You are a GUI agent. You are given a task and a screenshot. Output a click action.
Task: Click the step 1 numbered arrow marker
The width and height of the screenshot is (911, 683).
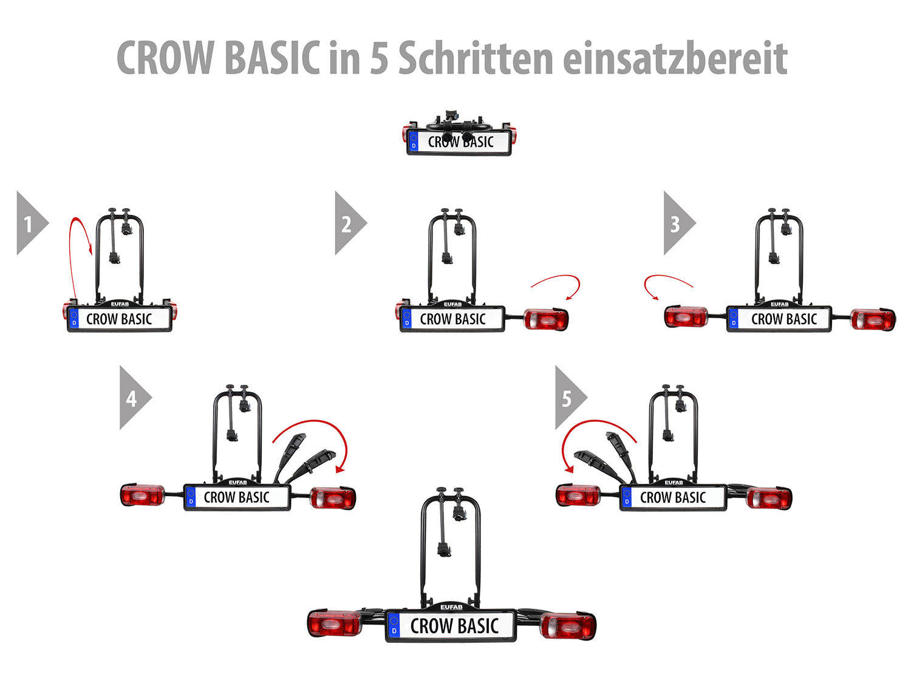pyautogui.click(x=29, y=223)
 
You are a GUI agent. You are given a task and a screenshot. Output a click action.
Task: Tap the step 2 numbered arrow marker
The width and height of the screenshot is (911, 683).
pyautogui.click(x=347, y=223)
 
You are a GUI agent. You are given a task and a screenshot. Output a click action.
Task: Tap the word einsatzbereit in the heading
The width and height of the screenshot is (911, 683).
pyautogui.click(x=675, y=59)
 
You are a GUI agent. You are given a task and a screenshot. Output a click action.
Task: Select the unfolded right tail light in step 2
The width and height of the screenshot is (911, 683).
pyautogui.click(x=545, y=319)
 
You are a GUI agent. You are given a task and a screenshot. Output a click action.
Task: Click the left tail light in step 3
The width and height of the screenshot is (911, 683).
pyautogui.click(x=686, y=317)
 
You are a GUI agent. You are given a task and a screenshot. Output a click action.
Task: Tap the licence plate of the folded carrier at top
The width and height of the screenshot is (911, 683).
pyautogui.click(x=459, y=142)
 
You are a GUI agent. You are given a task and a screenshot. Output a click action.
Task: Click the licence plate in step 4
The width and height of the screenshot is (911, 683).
pyautogui.click(x=237, y=497)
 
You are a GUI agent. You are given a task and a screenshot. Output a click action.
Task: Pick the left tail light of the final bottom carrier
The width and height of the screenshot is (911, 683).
pyautogui.click(x=334, y=624)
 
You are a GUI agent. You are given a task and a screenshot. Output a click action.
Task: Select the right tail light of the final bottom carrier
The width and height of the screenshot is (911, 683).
pyautogui.click(x=567, y=626)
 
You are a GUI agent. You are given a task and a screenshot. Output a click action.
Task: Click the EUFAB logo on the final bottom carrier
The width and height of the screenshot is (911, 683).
pyautogui.click(x=451, y=607)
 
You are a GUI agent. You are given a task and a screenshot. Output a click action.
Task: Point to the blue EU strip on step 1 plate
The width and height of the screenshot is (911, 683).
pyautogui.click(x=75, y=319)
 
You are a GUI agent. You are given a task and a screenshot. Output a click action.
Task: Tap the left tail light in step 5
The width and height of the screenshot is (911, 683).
pyautogui.click(x=578, y=495)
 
